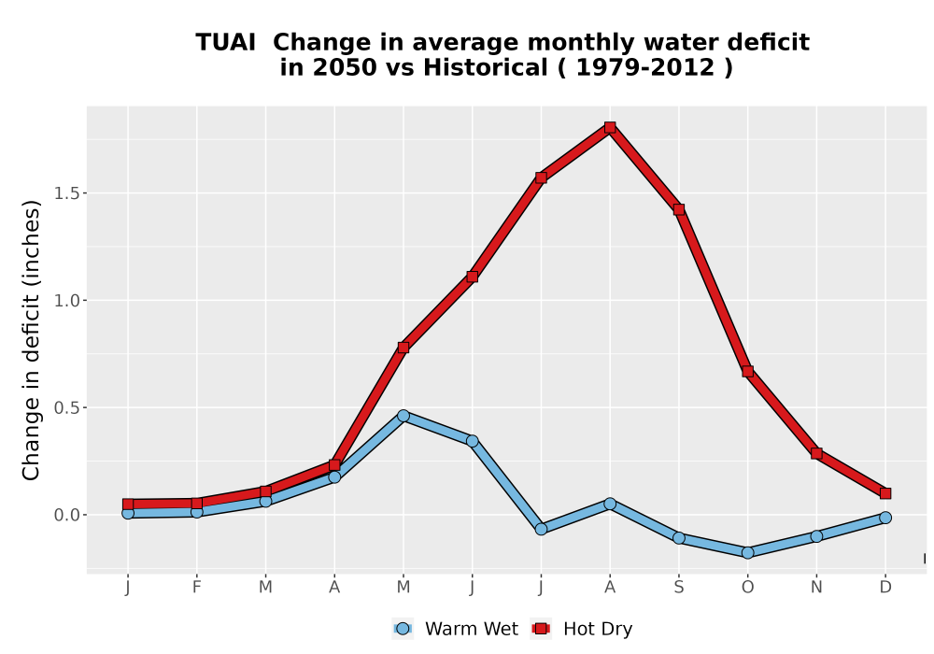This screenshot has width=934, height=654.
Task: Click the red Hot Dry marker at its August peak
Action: click(609, 127)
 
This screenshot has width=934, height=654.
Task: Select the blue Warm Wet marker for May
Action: click(403, 416)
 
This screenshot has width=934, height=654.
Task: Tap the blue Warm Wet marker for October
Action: click(747, 553)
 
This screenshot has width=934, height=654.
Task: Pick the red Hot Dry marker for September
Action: click(678, 209)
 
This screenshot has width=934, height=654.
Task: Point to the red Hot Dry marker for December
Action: click(885, 493)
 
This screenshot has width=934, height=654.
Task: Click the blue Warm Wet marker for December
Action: click(885, 518)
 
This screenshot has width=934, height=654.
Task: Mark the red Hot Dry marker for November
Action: click(816, 453)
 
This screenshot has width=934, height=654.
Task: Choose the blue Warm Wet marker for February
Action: click(196, 512)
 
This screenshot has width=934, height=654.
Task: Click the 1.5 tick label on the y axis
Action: click(66, 193)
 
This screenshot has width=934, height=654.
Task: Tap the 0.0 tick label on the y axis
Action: click(66, 515)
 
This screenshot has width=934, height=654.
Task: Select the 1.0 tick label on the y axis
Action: click(66, 300)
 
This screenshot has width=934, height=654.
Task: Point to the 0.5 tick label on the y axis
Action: click(66, 407)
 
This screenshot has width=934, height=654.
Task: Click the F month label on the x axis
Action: click(196, 588)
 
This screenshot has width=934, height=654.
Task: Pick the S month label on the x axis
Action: click(678, 588)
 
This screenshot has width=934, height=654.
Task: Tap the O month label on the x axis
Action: click(747, 588)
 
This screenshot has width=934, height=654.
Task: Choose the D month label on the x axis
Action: click(885, 588)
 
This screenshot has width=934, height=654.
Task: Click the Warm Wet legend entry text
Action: click(471, 629)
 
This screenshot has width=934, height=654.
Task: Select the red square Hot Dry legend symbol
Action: click(541, 629)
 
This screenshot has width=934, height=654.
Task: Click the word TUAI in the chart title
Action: click(226, 42)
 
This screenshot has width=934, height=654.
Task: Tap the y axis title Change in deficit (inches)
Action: click(31, 340)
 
